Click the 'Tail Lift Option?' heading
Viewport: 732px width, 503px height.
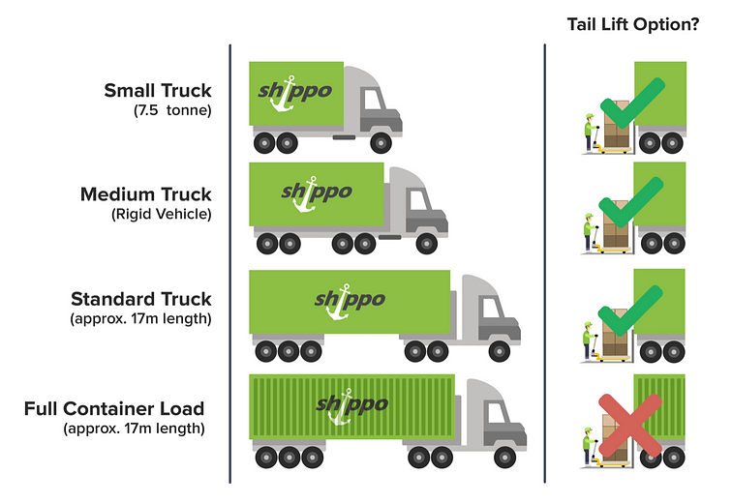tap(633, 24)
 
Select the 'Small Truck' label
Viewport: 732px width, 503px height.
tap(158, 91)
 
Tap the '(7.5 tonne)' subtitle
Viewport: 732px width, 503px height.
tap(172, 111)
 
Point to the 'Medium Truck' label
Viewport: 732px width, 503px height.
tap(146, 194)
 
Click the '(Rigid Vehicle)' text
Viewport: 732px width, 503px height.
tap(162, 215)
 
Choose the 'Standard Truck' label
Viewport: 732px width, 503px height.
tap(140, 299)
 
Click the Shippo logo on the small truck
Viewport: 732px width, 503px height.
tap(295, 93)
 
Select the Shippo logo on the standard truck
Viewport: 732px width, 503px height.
tap(349, 299)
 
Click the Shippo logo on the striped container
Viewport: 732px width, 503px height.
tap(349, 404)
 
